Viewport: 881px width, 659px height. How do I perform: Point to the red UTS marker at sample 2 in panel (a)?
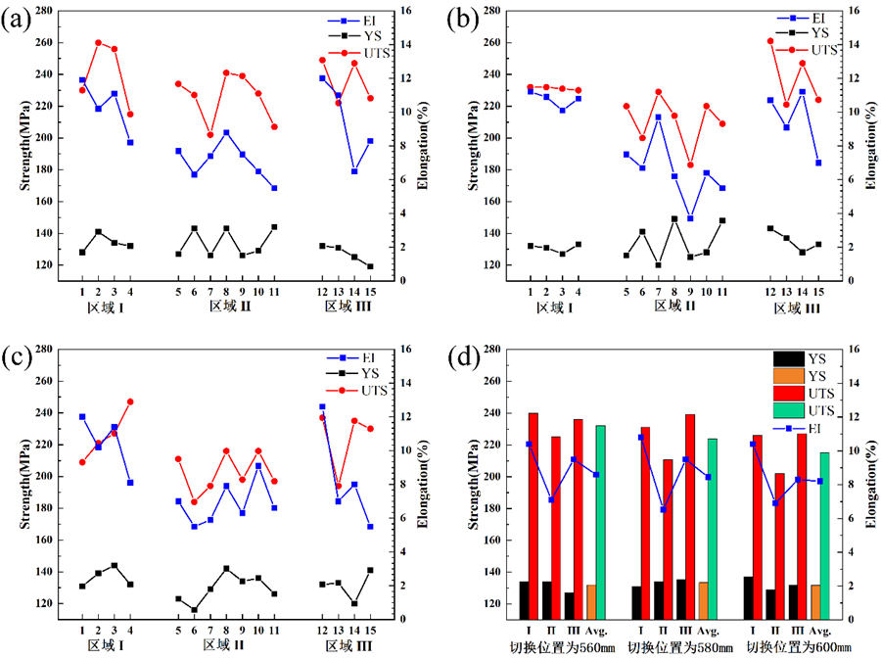(98, 43)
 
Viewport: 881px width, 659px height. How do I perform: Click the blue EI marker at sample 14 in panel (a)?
(354, 171)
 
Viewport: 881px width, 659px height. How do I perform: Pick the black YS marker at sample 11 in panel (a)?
(274, 227)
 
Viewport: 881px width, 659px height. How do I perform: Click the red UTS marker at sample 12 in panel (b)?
(769, 41)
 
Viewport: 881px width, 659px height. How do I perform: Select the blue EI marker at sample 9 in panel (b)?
(690, 218)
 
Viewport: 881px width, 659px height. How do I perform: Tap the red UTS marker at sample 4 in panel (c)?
(130, 401)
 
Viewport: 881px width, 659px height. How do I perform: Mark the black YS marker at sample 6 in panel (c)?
(194, 610)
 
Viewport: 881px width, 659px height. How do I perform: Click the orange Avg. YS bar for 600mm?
(814, 601)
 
